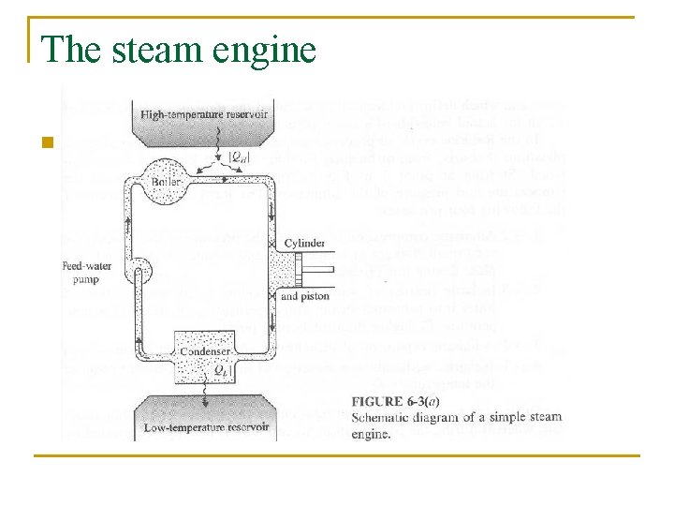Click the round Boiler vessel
point(159,181)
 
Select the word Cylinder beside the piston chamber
point(303,243)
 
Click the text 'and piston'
point(304,296)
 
